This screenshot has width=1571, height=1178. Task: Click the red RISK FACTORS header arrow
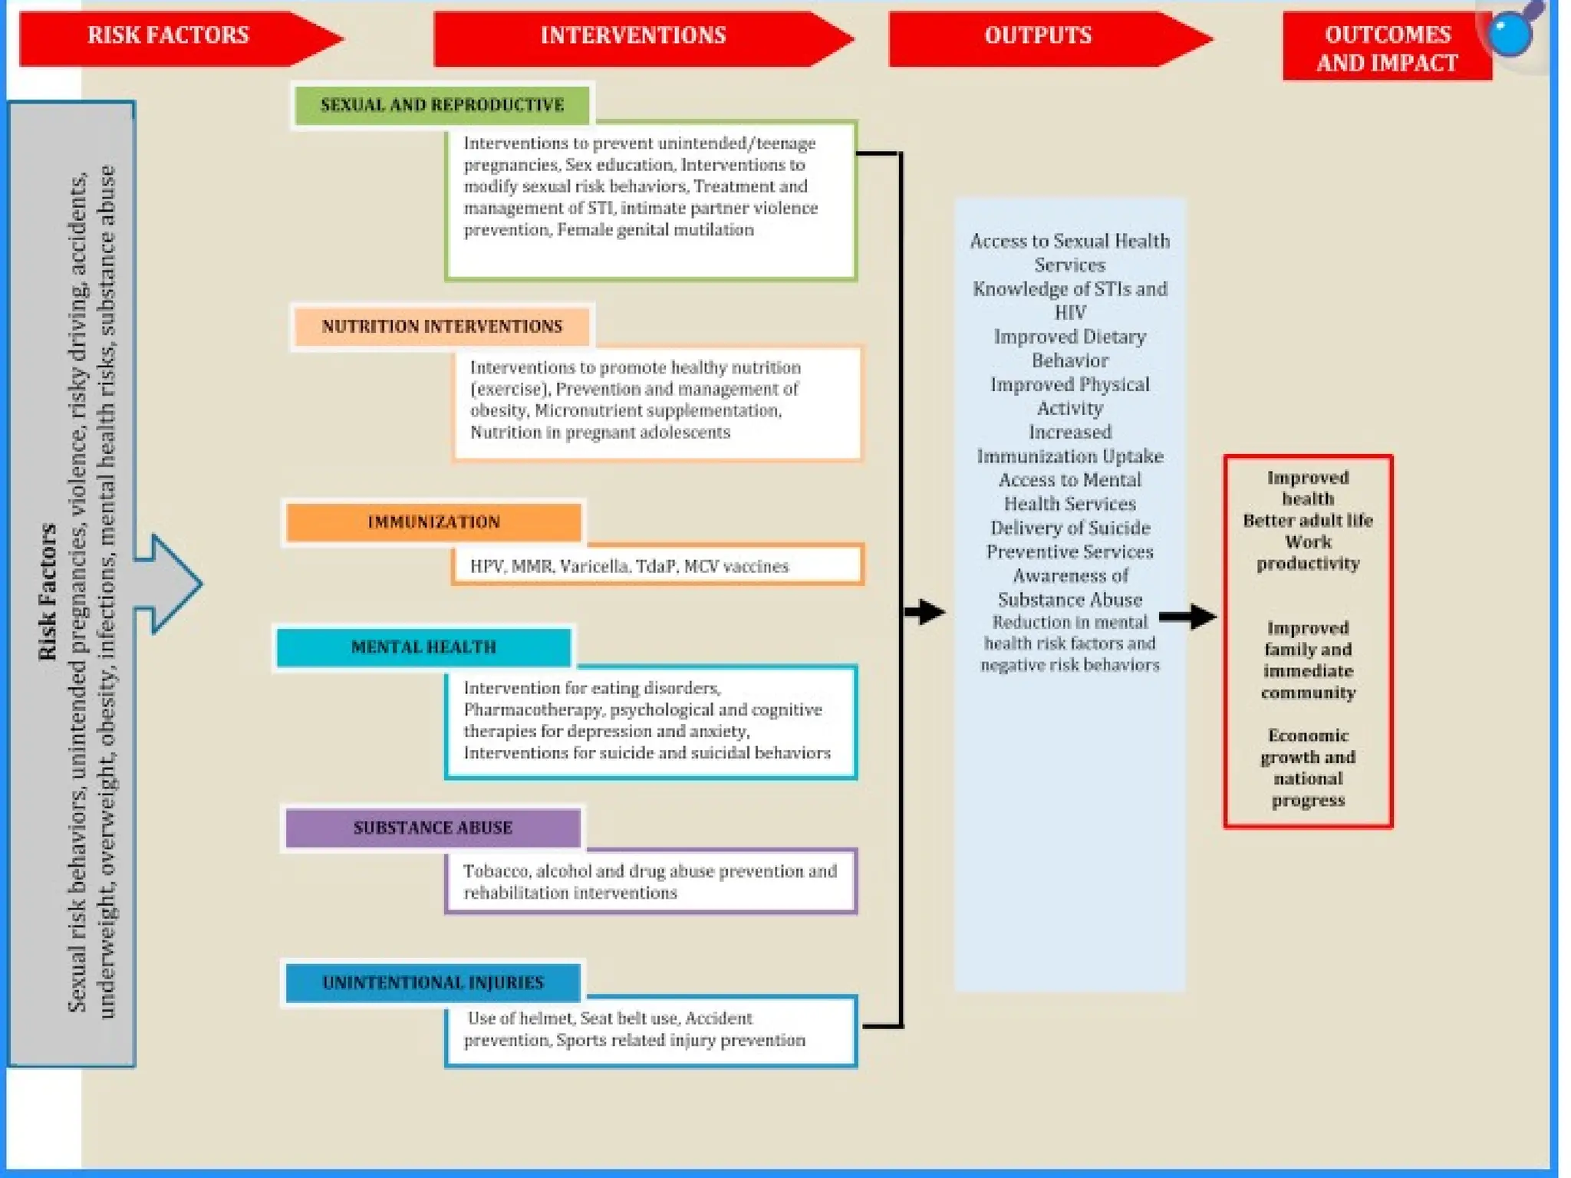[169, 36]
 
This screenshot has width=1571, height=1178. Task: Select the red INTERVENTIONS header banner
[633, 36]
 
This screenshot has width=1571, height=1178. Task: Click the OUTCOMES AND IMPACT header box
[1387, 48]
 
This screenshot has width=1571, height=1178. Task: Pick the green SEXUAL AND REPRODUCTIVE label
[442, 105]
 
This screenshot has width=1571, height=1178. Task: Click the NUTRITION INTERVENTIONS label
[442, 327]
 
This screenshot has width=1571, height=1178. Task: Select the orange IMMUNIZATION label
[433, 522]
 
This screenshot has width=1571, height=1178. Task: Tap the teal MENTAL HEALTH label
[423, 647]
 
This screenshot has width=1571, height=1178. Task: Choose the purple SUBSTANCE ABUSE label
[433, 828]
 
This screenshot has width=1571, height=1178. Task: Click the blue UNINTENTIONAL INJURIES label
[433, 983]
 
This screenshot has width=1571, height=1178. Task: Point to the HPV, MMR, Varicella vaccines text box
[657, 566]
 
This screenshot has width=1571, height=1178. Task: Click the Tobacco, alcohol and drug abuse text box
[650, 882]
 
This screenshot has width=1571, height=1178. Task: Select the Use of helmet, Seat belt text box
[650, 1030]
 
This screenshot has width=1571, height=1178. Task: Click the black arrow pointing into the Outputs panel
[924, 612]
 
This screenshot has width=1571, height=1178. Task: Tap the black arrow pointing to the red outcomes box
[1187, 616]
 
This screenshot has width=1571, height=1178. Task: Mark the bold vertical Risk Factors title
[48, 591]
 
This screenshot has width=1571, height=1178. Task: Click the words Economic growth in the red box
[1307, 746]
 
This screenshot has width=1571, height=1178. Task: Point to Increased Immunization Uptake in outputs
[1069, 444]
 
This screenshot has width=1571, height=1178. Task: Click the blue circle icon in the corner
[1510, 34]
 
